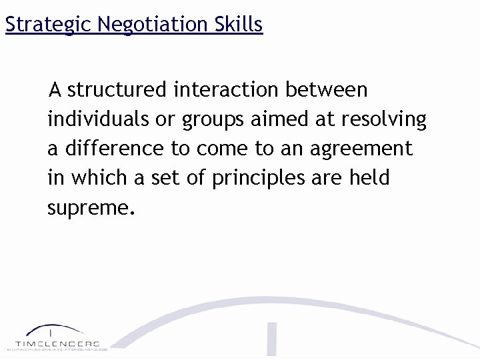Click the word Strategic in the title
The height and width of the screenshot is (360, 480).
click(x=48, y=25)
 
